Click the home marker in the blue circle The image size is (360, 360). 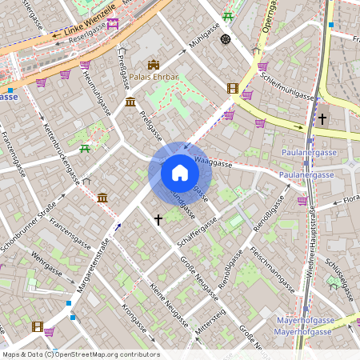pyautogui.click(x=180, y=173)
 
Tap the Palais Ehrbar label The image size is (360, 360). pyautogui.click(x=154, y=78)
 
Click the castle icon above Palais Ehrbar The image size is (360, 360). pyautogui.click(x=154, y=64)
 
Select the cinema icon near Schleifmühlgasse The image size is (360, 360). pyautogui.click(x=233, y=89)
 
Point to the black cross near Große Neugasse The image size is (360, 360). pyautogui.click(x=158, y=218)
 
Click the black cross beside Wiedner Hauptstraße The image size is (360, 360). pyautogui.click(x=322, y=119)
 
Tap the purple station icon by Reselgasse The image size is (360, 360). pyautogui.click(x=113, y=23)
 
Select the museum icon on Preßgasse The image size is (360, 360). pyautogui.click(x=130, y=102)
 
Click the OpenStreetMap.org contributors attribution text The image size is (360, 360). pyautogui.click(x=107, y=354)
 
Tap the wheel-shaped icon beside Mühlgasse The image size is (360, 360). pyautogui.click(x=225, y=39)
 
